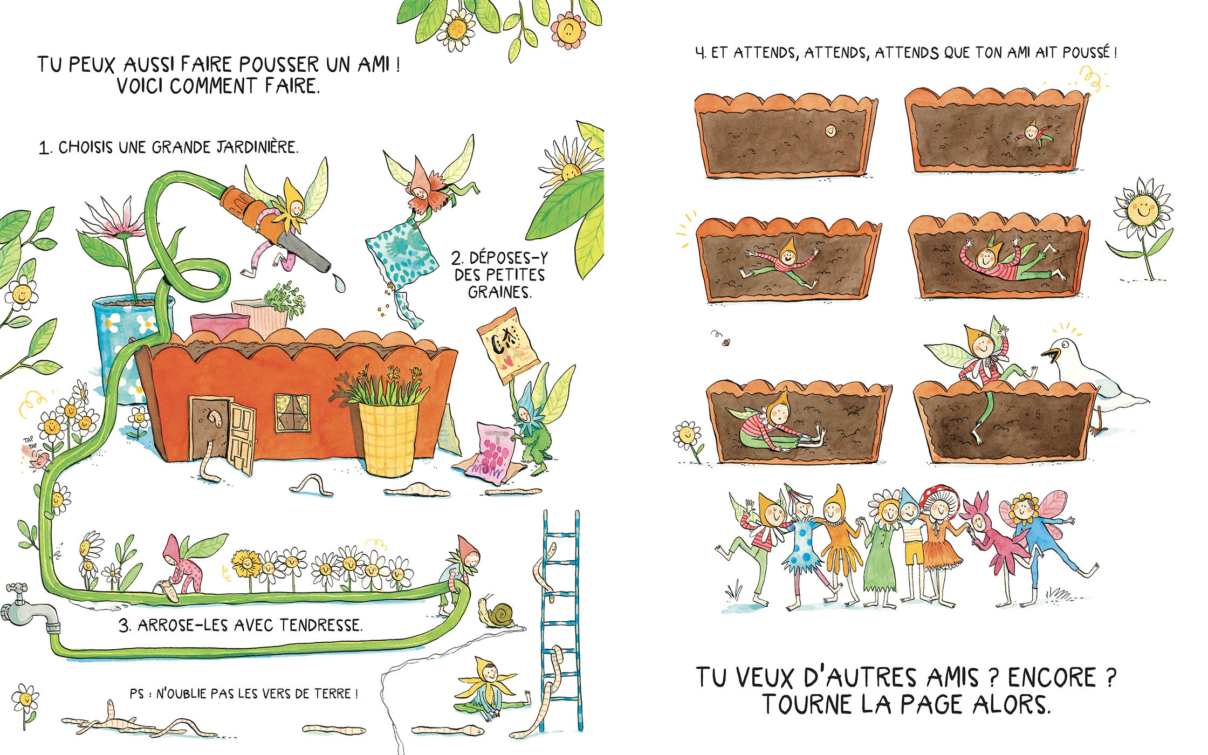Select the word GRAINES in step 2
(x=499, y=292)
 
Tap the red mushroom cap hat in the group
(x=939, y=496)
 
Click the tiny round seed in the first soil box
(x=830, y=130)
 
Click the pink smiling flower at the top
(x=568, y=30)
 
